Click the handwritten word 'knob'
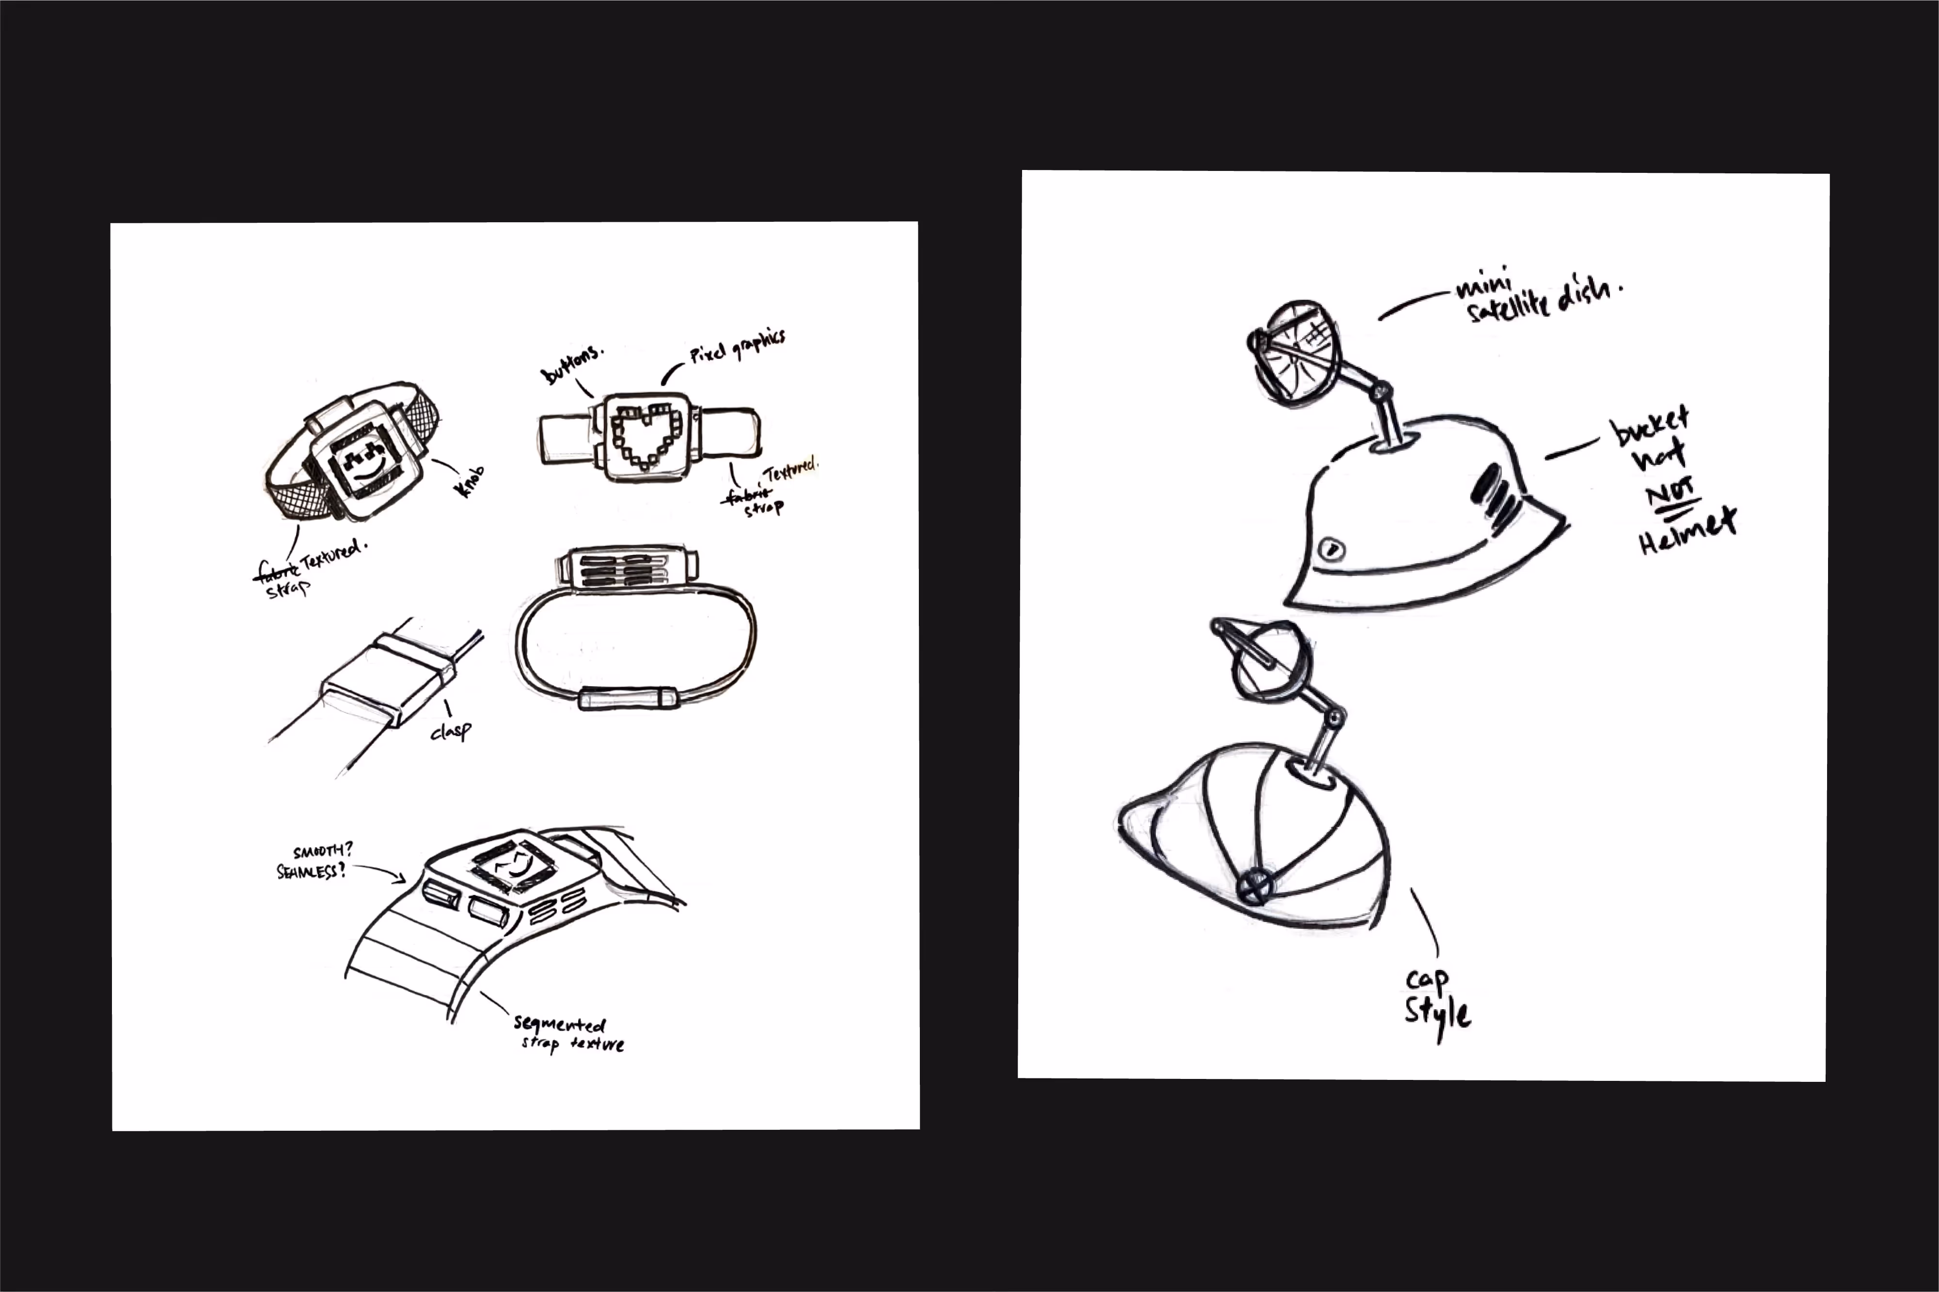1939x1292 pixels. click(x=470, y=481)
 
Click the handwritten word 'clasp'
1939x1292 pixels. click(x=451, y=730)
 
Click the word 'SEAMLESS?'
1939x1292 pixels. click(x=310, y=871)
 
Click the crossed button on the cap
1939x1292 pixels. click(x=1255, y=886)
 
